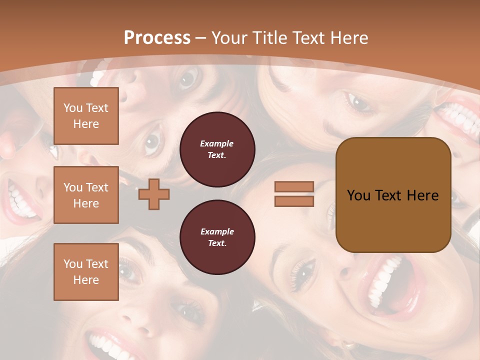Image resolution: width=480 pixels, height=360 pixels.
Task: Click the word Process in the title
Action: coord(157,38)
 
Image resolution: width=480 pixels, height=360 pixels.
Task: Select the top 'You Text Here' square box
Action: coord(86,116)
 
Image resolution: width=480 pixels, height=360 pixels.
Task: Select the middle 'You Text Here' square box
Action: coord(86,195)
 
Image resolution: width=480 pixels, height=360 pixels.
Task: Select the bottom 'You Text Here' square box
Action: coord(86,272)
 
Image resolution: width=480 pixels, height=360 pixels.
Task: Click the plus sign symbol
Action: coord(154,194)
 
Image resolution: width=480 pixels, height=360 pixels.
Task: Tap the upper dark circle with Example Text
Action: coord(217,149)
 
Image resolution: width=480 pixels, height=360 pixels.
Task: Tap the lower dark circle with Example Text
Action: coord(217,237)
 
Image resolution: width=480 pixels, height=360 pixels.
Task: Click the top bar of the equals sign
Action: coord(294,186)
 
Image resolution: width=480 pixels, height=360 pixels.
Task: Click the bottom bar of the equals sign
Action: coord(294,201)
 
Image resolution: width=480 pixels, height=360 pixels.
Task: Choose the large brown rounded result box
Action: coord(393,194)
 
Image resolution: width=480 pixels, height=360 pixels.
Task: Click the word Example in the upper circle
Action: coord(217,143)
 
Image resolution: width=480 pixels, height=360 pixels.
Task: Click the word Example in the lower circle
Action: coord(217,231)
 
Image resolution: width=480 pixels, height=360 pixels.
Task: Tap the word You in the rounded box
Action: coord(358,195)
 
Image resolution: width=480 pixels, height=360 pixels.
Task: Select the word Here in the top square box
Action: coord(86,124)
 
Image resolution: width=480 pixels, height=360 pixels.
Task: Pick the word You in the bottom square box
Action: coord(73,264)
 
